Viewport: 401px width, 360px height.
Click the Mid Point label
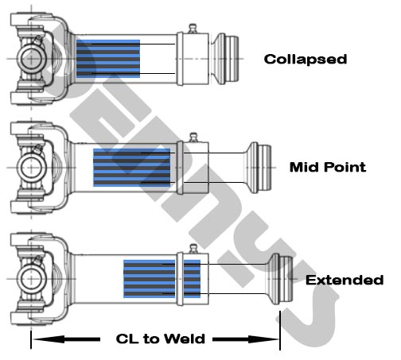click(x=328, y=167)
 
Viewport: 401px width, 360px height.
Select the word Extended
click(x=345, y=280)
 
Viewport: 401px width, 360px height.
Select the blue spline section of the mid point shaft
click(x=131, y=167)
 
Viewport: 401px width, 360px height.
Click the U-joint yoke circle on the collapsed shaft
click(x=30, y=59)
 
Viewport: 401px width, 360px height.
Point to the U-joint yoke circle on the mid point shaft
click(x=30, y=168)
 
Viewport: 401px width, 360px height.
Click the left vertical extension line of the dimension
click(x=30, y=330)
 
